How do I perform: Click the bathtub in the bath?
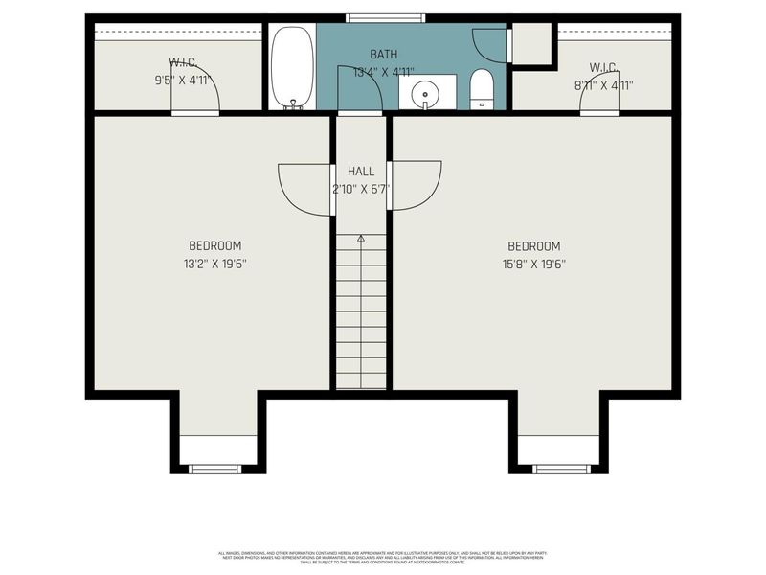pyautogui.click(x=292, y=67)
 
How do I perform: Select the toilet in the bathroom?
pyautogui.click(x=482, y=90)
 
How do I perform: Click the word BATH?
pyautogui.click(x=384, y=55)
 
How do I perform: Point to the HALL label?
pyautogui.click(x=361, y=172)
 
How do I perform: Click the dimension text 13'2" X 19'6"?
pyautogui.click(x=214, y=264)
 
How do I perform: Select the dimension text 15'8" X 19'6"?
pyautogui.click(x=533, y=264)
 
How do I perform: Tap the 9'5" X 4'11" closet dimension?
pyautogui.click(x=181, y=81)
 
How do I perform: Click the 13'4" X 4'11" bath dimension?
pyautogui.click(x=384, y=71)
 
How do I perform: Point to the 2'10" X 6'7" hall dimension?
pyautogui.click(x=361, y=188)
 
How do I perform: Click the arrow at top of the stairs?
pyautogui.click(x=361, y=237)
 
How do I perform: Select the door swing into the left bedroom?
pyautogui.click(x=304, y=187)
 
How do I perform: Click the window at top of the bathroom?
pyautogui.click(x=386, y=17)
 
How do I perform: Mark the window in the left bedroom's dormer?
pyautogui.click(x=214, y=469)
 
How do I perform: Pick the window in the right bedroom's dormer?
pyautogui.click(x=561, y=469)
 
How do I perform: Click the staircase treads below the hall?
pyautogui.click(x=361, y=316)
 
